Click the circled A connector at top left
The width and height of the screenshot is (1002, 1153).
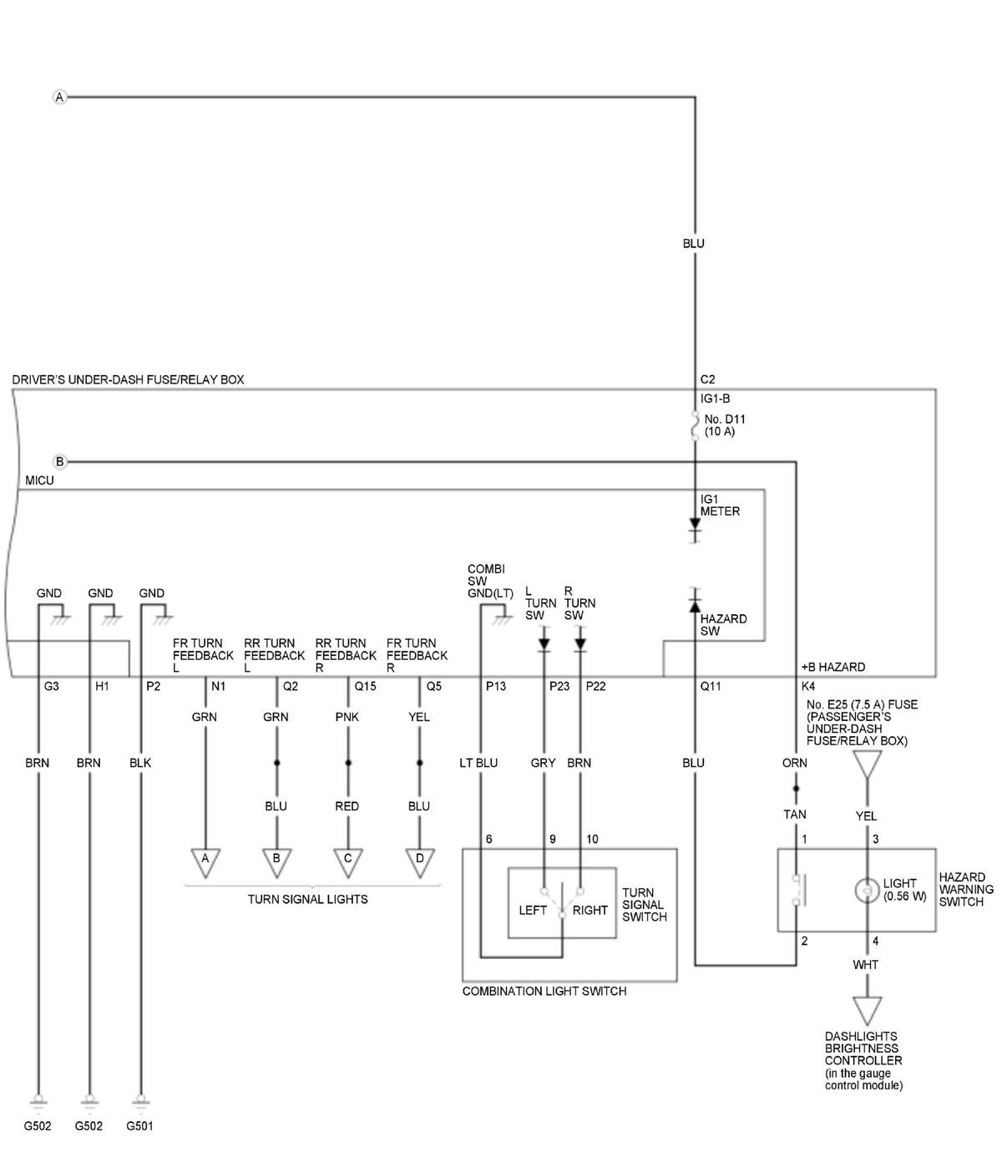[x=59, y=97]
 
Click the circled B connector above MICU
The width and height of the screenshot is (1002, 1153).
[x=59, y=461]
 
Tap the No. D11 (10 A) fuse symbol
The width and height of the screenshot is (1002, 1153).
[x=695, y=425]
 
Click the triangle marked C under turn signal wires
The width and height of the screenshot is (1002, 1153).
[x=347, y=863]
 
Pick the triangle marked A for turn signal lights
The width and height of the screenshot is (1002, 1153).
[x=205, y=863]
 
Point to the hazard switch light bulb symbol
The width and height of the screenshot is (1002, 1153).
[x=867, y=890]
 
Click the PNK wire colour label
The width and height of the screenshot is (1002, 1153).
[x=347, y=717]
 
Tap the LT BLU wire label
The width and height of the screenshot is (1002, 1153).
[x=478, y=763]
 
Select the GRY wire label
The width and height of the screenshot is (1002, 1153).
[x=543, y=763]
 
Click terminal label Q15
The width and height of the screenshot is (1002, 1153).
[x=365, y=686]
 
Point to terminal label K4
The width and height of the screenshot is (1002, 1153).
[x=807, y=686]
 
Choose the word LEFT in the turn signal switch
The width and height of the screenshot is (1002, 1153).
[x=532, y=910]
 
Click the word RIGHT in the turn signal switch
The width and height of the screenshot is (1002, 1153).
[x=590, y=910]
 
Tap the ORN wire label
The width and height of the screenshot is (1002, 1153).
[x=794, y=763]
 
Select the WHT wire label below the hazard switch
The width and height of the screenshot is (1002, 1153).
[x=865, y=965]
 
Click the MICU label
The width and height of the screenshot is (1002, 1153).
[x=39, y=480]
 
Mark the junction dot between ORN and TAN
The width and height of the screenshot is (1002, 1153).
[x=795, y=789]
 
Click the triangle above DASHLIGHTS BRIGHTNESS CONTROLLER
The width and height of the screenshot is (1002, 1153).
[x=867, y=1011]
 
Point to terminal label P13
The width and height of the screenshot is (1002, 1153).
[x=496, y=686]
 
